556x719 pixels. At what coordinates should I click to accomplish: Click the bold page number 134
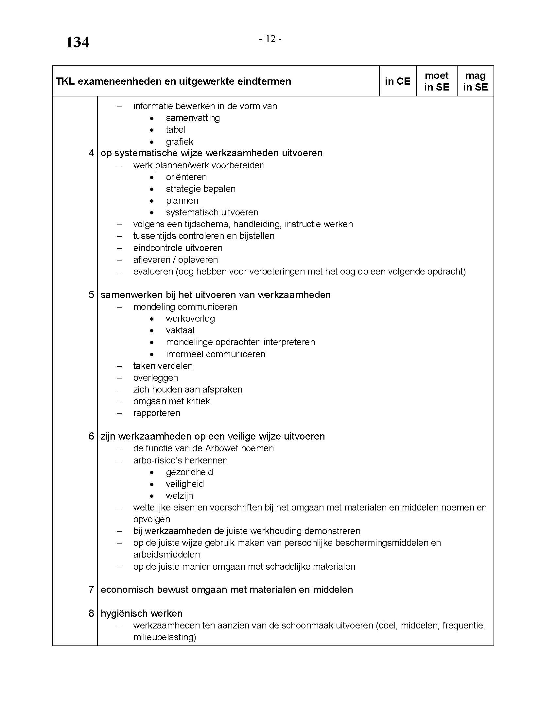(78, 42)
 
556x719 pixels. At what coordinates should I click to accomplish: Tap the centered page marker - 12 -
(270, 39)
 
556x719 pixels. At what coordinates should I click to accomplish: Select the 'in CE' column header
(398, 81)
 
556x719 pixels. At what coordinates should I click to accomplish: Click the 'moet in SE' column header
(436, 81)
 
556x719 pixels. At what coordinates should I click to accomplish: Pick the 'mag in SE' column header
(475, 81)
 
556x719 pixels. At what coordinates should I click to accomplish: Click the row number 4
(91, 153)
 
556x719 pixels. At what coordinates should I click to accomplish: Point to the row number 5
(91, 295)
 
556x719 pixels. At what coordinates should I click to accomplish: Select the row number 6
(91, 436)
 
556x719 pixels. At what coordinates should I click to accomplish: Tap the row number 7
(91, 589)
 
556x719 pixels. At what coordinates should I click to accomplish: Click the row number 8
(91, 613)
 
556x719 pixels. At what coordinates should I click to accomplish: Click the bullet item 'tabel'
(176, 130)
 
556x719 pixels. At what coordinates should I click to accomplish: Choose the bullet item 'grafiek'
(180, 142)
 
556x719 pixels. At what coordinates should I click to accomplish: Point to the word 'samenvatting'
(193, 118)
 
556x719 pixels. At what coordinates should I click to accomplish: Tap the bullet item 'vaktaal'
(180, 330)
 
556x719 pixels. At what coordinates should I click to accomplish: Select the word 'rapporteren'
(157, 413)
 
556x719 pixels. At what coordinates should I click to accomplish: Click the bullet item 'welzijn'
(180, 496)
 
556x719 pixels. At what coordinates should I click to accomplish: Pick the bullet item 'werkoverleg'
(190, 319)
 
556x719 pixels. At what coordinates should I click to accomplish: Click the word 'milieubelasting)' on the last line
(165, 637)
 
